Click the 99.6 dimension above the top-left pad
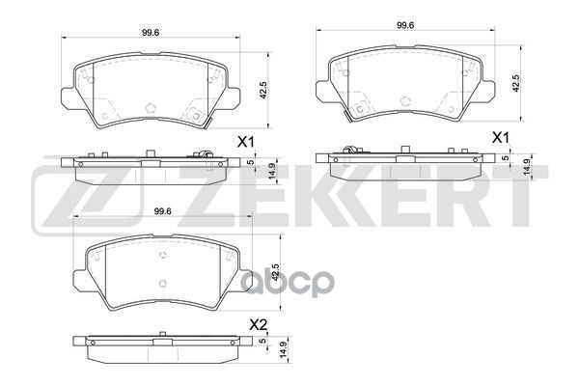(x=151, y=34)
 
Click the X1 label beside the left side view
(x=245, y=142)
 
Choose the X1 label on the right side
(x=499, y=138)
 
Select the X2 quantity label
(x=258, y=323)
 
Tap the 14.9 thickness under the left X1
(x=272, y=171)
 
